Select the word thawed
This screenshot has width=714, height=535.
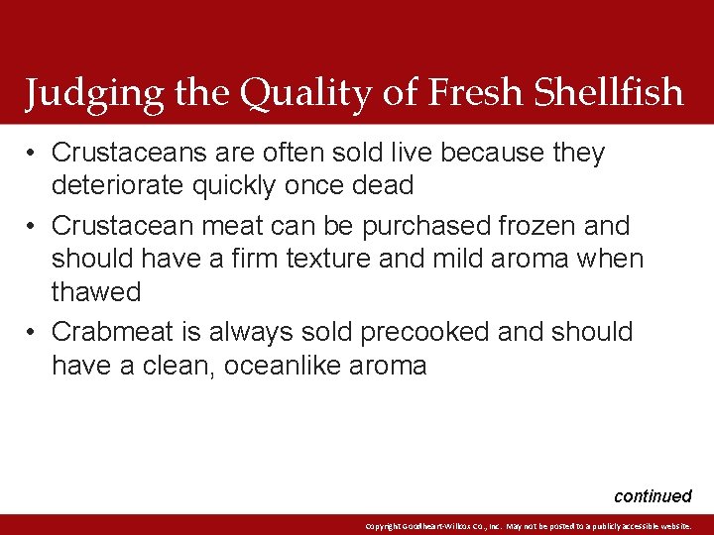pyautogui.click(x=96, y=292)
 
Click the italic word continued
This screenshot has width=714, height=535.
pyautogui.click(x=653, y=496)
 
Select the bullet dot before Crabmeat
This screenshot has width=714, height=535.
pyautogui.click(x=33, y=332)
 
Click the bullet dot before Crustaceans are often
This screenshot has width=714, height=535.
pyautogui.click(x=33, y=153)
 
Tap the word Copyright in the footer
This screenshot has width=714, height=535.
pyautogui.click(x=385, y=526)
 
